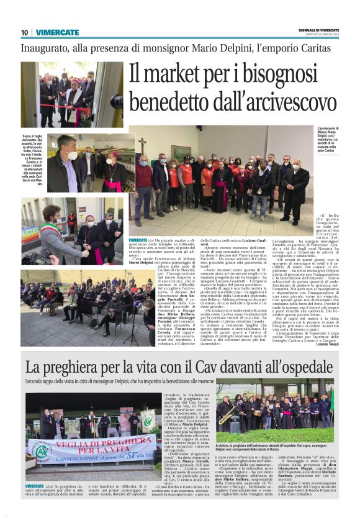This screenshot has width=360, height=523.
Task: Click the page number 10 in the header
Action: (24, 32)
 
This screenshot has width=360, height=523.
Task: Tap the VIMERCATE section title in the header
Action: (57, 32)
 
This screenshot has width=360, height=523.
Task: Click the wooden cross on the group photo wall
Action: (142, 147)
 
